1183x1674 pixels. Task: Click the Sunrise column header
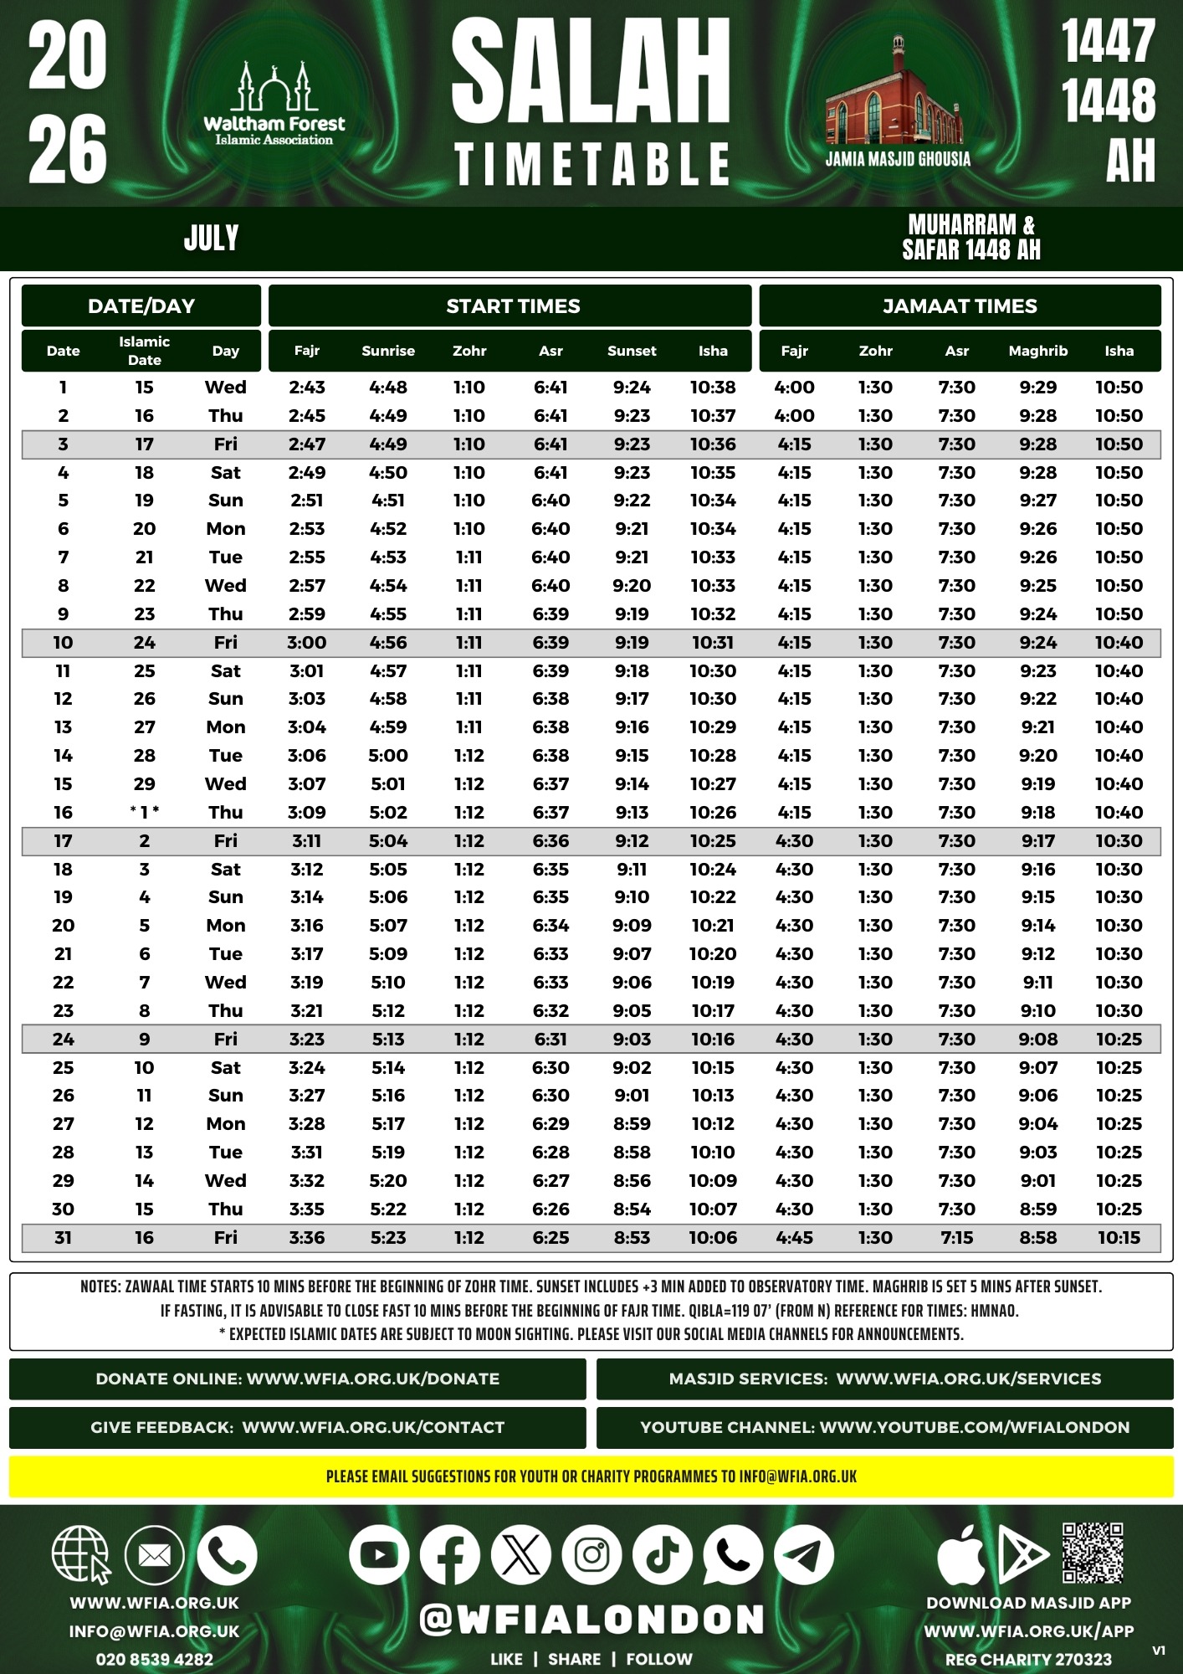point(388,351)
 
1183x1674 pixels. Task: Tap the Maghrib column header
point(1037,351)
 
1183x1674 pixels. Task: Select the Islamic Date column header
point(144,351)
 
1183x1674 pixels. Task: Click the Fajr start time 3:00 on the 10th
point(307,643)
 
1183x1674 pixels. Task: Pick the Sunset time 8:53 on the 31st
point(632,1237)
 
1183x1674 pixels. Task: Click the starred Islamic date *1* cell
point(144,812)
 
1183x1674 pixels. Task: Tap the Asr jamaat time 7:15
point(956,1237)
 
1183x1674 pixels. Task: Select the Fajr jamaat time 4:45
point(794,1237)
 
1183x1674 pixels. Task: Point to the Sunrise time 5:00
point(388,755)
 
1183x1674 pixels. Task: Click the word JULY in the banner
point(211,239)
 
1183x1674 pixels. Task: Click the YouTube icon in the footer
point(379,1555)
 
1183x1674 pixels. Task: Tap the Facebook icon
point(449,1555)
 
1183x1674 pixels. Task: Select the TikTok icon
point(663,1555)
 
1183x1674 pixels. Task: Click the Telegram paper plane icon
point(804,1555)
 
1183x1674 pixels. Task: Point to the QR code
point(1093,1553)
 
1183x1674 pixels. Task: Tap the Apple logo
point(961,1555)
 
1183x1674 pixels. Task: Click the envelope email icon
point(154,1555)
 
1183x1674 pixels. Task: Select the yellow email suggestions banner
point(591,1476)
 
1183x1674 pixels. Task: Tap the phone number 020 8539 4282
point(155,1659)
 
